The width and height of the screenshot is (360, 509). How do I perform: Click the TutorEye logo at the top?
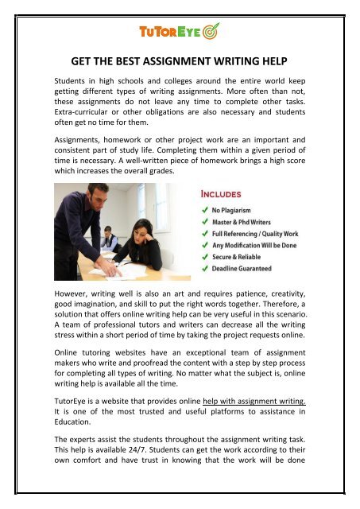click(x=180, y=33)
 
